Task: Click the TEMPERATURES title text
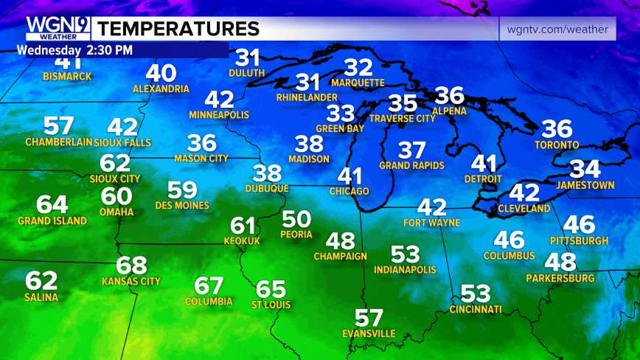(x=178, y=29)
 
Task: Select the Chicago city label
(x=349, y=192)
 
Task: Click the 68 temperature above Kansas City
(x=132, y=266)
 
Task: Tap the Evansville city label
(x=369, y=333)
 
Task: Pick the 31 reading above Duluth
(x=248, y=58)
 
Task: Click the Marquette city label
(x=358, y=83)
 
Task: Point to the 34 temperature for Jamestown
(x=585, y=170)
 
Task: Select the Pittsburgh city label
(x=579, y=240)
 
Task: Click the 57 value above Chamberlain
(x=58, y=125)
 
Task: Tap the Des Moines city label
(x=182, y=205)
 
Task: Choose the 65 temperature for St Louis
(x=271, y=289)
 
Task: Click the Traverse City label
(x=402, y=118)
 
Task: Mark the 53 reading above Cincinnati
(x=476, y=293)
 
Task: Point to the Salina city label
(x=41, y=297)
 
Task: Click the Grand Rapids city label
(x=412, y=165)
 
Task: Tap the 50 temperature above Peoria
(x=296, y=219)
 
